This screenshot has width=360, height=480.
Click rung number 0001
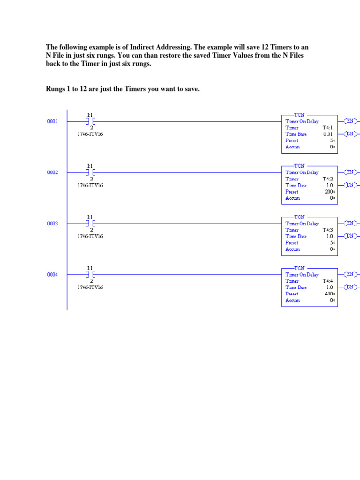tap(52, 121)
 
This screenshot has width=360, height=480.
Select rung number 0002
tap(52, 172)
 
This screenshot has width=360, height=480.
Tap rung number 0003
tap(52, 224)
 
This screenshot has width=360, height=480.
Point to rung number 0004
tap(52, 275)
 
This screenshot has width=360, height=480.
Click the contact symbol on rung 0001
tap(91, 121)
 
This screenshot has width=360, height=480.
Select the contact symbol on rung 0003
tap(91, 224)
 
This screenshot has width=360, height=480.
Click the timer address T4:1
tap(327, 127)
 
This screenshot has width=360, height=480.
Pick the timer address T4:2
tap(327, 179)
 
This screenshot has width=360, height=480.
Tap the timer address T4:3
tap(327, 230)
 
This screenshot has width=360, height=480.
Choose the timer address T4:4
tap(327, 281)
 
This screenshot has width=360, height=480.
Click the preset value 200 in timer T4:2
tap(329, 192)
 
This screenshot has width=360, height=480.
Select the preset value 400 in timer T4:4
tap(329, 294)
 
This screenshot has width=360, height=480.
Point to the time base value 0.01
tap(328, 134)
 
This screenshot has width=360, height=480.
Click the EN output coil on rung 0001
tap(351, 121)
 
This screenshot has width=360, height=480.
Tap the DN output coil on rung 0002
tap(351, 185)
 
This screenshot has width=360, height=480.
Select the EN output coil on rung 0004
tap(351, 274)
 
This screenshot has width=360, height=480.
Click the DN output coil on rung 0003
tap(351, 236)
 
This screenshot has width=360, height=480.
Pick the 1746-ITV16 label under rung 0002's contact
tap(90, 185)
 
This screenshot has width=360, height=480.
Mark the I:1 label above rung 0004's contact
tap(90, 268)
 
